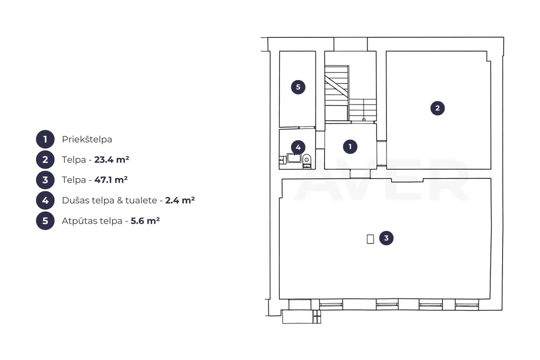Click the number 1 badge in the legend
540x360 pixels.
tap(45, 139)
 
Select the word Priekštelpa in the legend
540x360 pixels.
tap(87, 140)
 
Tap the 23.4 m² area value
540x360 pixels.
tap(112, 160)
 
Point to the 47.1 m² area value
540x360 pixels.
tap(111, 180)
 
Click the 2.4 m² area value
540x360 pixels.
tap(180, 200)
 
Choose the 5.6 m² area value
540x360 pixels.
tap(145, 220)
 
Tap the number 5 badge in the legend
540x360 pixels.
tap(45, 220)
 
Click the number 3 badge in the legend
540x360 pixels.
tap(45, 180)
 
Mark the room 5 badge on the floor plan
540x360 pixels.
tap(298, 87)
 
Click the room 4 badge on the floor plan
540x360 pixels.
tap(298, 147)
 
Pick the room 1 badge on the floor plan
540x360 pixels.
tap(350, 147)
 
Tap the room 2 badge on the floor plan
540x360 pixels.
tap(438, 108)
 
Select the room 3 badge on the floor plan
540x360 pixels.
tap(387, 238)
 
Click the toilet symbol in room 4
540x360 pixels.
tap(306, 161)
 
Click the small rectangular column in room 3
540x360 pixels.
tap(370, 239)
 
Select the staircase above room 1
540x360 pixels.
tap(350, 93)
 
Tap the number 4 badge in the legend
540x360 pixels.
tap(45, 200)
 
